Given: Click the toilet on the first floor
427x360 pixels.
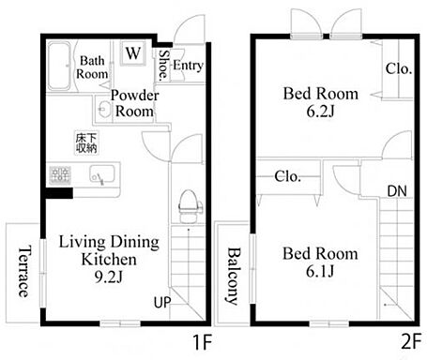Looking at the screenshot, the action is click(x=191, y=206).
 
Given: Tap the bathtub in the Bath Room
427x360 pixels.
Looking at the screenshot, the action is click(x=59, y=66).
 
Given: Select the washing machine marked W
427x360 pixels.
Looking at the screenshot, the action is click(x=133, y=52).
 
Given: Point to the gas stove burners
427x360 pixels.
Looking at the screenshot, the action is click(x=60, y=174).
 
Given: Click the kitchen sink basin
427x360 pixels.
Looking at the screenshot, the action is click(x=101, y=174).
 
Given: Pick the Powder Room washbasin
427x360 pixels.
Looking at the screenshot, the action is click(x=104, y=108).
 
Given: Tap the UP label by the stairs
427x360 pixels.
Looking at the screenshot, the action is click(x=162, y=302).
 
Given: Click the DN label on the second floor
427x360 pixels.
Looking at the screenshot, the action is click(x=397, y=191).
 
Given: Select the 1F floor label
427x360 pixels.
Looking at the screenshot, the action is click(x=203, y=342).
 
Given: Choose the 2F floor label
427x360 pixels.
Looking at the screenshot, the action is click(x=411, y=342).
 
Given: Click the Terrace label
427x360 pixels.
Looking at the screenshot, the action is click(x=24, y=271).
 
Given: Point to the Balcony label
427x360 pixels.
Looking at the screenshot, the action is click(x=233, y=276).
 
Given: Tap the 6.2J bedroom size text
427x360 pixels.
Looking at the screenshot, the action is click(x=320, y=112).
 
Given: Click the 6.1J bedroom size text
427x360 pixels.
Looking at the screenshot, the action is click(x=320, y=271).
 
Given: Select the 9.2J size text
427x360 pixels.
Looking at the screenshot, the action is click(x=109, y=277).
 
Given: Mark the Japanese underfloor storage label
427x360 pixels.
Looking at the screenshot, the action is click(x=86, y=143).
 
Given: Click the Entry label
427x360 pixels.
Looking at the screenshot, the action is click(x=188, y=66).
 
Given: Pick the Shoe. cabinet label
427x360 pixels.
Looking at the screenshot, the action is click(x=163, y=66).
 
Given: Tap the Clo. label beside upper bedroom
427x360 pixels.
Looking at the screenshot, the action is click(x=398, y=68).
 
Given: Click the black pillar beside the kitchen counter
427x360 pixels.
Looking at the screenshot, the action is click(x=59, y=193).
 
